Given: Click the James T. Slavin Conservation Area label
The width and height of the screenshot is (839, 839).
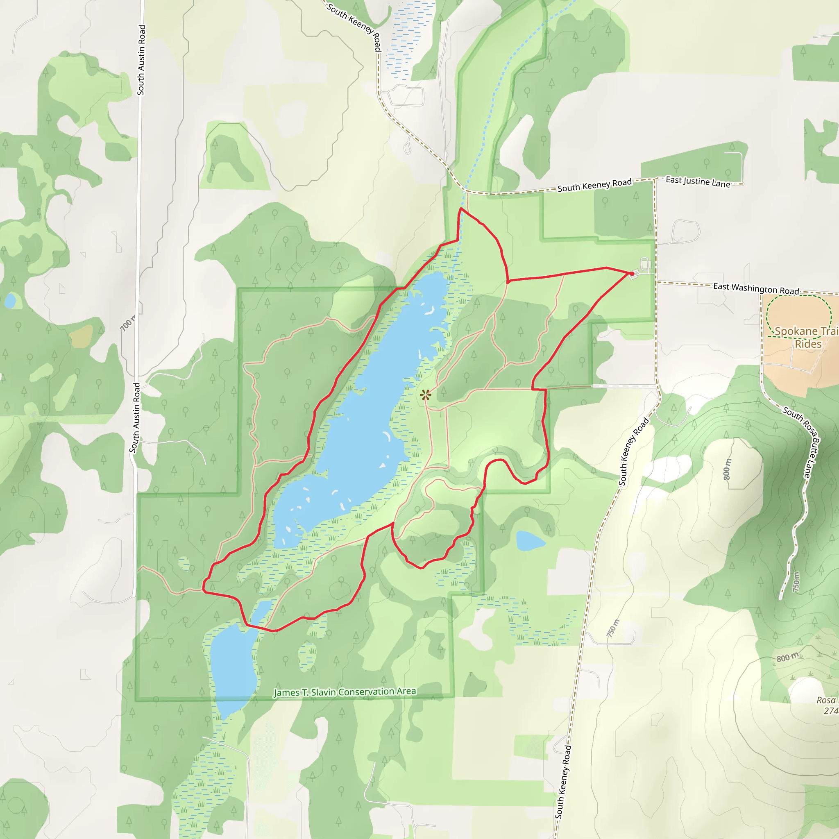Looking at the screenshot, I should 345,692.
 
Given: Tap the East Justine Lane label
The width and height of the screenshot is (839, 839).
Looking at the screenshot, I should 698,181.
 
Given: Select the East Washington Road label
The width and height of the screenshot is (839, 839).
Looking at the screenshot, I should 756,288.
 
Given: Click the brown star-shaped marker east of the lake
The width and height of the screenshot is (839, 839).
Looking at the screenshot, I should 426,395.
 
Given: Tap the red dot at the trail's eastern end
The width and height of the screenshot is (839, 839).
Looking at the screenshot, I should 631,274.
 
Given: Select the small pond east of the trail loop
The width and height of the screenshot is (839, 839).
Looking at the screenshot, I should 529,541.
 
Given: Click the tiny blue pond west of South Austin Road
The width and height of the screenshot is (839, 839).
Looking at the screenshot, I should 9,301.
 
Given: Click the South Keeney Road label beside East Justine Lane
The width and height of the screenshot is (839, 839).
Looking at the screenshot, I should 594,186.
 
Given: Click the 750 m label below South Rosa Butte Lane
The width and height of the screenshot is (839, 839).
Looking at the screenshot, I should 796,582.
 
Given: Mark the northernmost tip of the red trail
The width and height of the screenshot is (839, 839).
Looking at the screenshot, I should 461,209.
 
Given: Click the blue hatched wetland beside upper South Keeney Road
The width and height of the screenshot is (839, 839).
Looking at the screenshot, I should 408,39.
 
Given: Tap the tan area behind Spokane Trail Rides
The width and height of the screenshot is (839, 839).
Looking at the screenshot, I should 799,365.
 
